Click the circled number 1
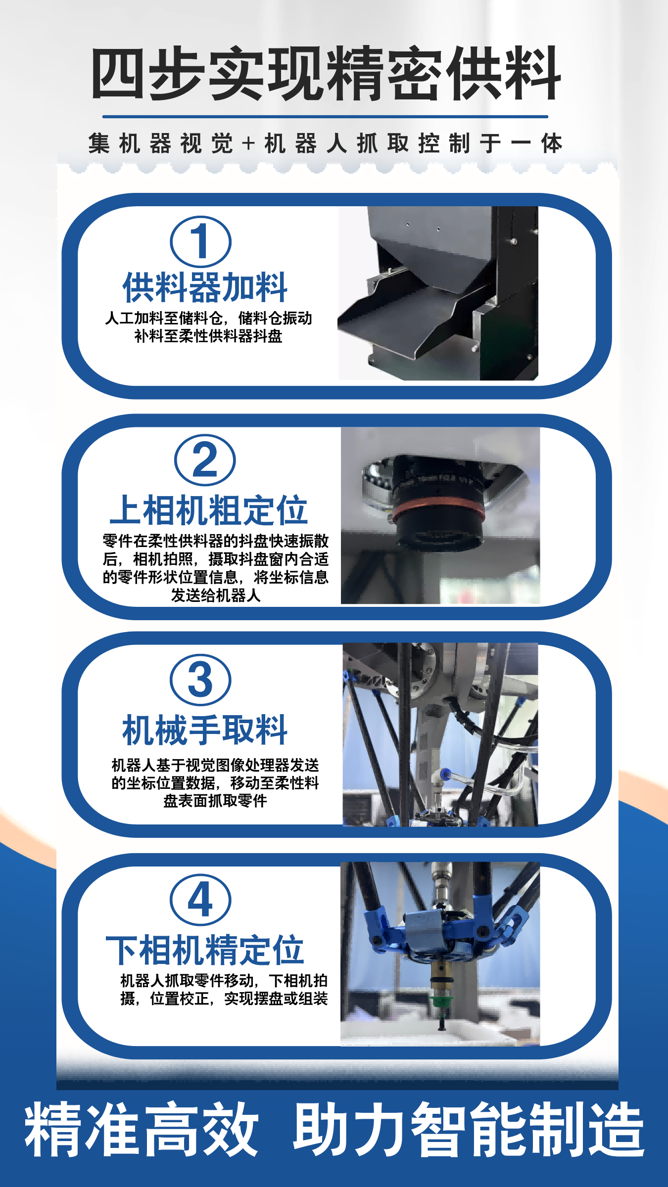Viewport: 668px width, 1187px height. coord(200,242)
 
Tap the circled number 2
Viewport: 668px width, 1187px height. coord(205,460)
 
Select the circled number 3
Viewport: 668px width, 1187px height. coord(200,680)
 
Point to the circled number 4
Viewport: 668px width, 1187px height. coord(200,899)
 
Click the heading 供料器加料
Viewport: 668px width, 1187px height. coord(205,287)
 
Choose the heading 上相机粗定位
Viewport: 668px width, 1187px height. coord(208,510)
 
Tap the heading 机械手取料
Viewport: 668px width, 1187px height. coord(205,730)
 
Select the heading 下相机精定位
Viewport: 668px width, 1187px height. coord(205,950)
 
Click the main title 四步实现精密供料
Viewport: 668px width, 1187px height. coord(326,74)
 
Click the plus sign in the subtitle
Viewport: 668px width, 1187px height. coord(248,144)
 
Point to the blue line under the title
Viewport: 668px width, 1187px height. coord(325,117)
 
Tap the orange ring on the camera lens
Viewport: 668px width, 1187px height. coord(438,510)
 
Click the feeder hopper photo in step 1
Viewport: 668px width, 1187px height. coord(438,293)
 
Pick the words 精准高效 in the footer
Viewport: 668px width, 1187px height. coord(142,1129)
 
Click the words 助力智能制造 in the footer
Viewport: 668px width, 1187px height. coord(469,1129)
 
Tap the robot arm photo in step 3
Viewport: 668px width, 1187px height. coord(440,734)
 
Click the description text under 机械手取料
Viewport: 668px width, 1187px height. coord(215,783)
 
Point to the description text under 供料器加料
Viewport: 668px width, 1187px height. coord(208,327)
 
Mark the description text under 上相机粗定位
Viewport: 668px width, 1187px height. coord(216,568)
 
